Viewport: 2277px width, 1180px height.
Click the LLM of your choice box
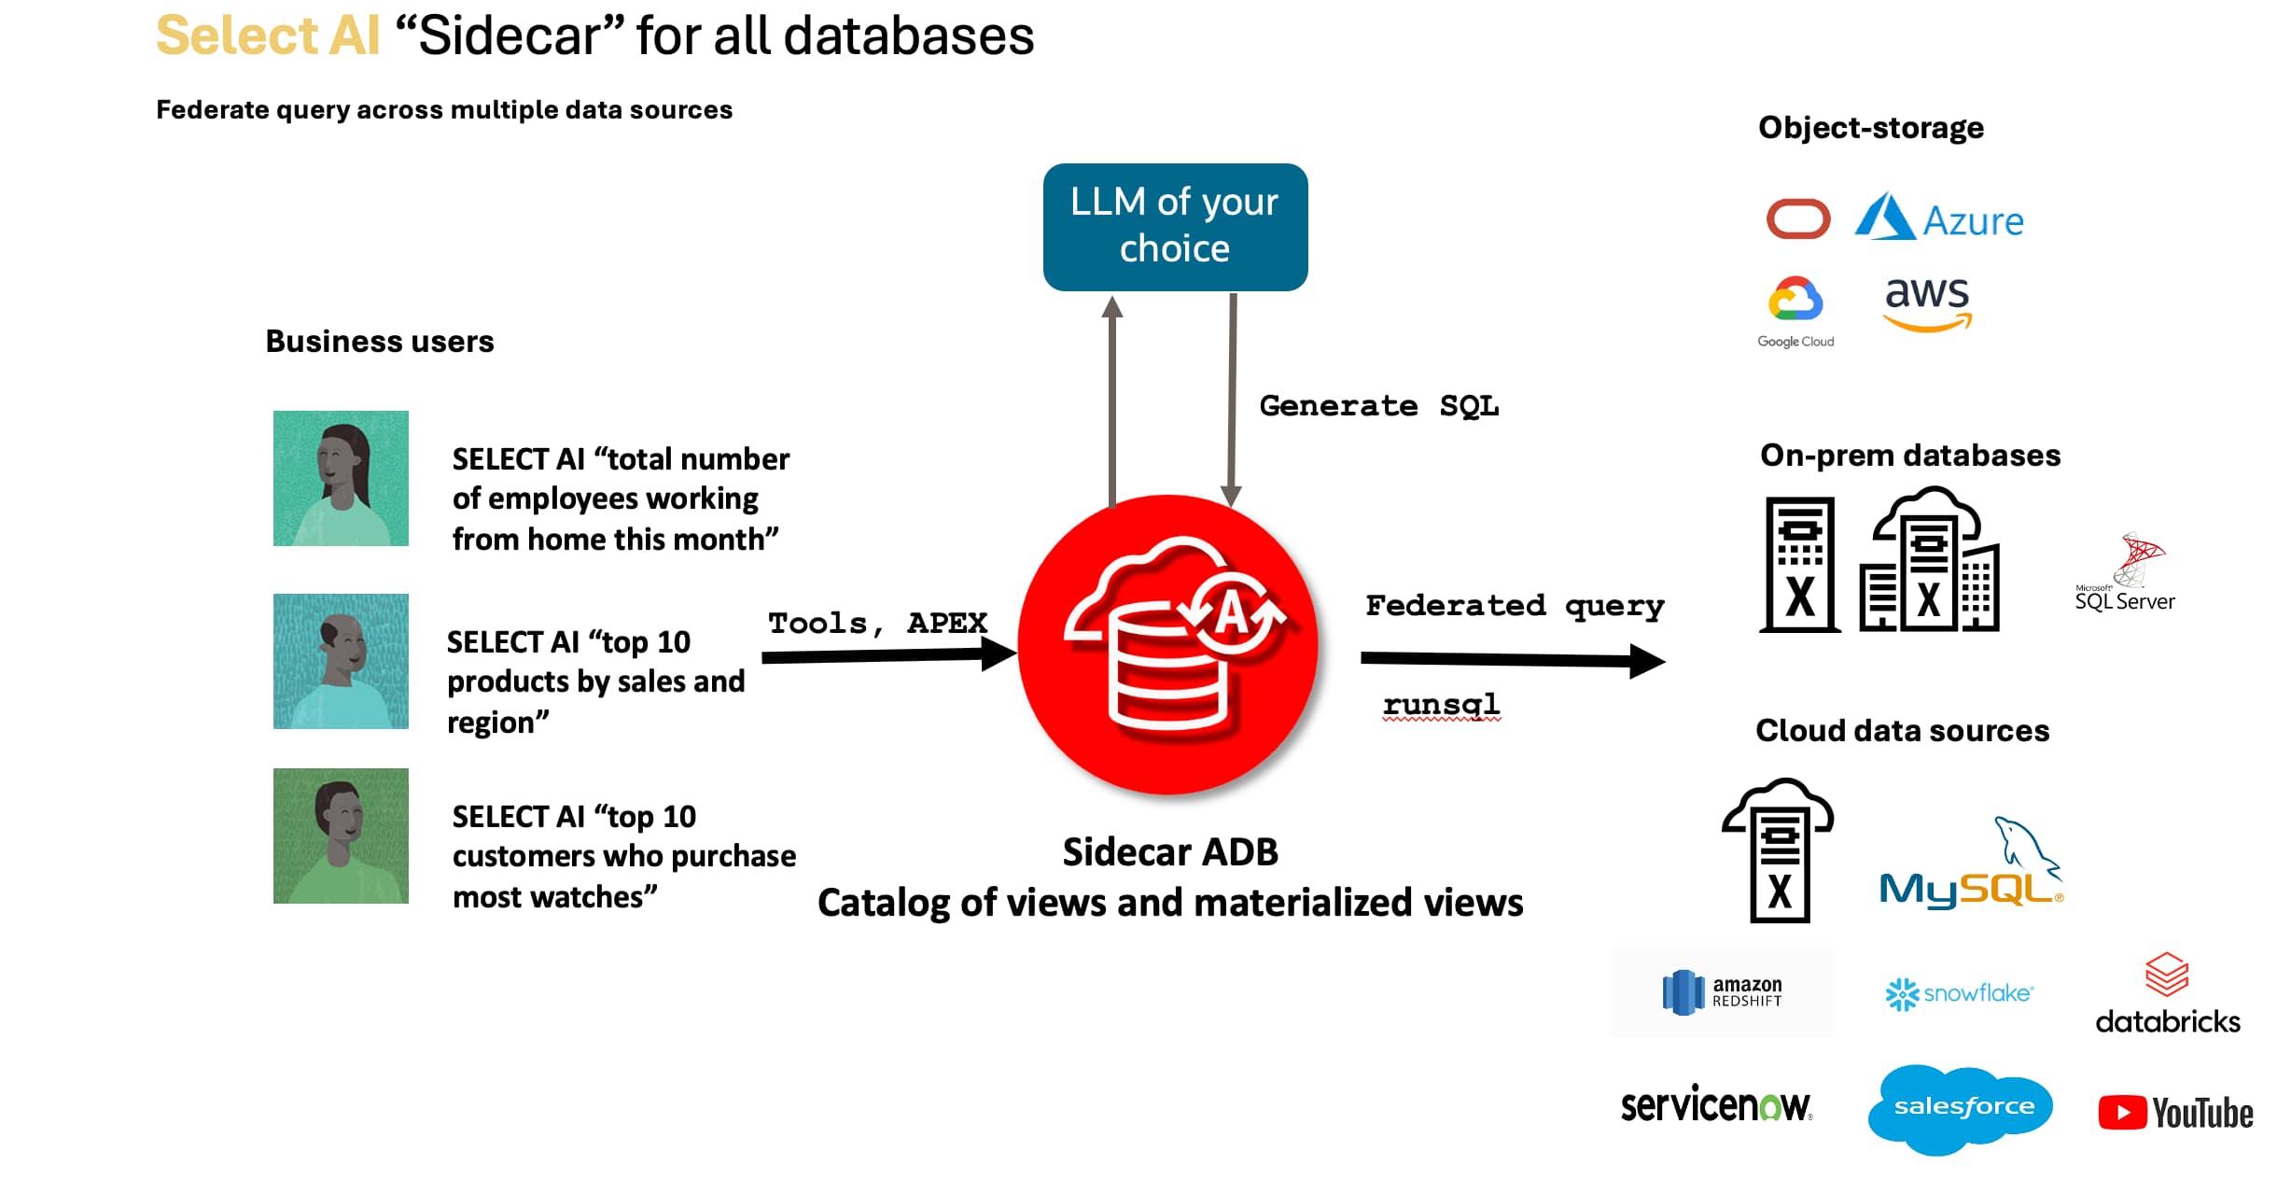pyautogui.click(x=1174, y=227)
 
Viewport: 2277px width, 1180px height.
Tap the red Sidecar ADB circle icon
pyautogui.click(x=1167, y=644)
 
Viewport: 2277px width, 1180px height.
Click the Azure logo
pyautogui.click(x=1939, y=218)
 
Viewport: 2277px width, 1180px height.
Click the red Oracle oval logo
pyautogui.click(x=1797, y=219)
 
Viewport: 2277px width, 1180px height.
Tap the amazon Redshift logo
pyautogui.click(x=1722, y=992)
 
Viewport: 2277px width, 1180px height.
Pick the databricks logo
pyautogui.click(x=2167, y=995)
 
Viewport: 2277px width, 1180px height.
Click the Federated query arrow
pyautogui.click(x=1512, y=660)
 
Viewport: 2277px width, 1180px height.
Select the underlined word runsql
pyautogui.click(x=1441, y=704)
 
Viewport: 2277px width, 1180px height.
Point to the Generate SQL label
pyautogui.click(x=1378, y=406)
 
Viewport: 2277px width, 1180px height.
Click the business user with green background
pyautogui.click(x=341, y=836)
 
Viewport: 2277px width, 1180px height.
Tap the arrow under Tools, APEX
pyautogui.click(x=887, y=655)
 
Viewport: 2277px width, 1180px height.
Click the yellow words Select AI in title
pyautogui.click(x=268, y=36)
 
